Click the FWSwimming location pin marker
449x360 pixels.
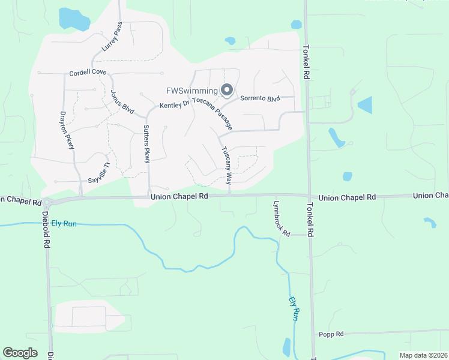[227, 91]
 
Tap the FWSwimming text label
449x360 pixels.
[192, 91]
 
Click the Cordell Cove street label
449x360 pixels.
[88, 73]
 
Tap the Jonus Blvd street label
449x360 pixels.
[122, 102]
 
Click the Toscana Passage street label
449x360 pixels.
[212, 113]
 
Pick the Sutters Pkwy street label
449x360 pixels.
[146, 144]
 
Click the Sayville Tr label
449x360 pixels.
[100, 174]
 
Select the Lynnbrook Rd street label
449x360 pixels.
[281, 217]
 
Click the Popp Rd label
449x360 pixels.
[331, 334]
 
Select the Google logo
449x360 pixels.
[20, 353]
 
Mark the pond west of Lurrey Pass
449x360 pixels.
[73, 19]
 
